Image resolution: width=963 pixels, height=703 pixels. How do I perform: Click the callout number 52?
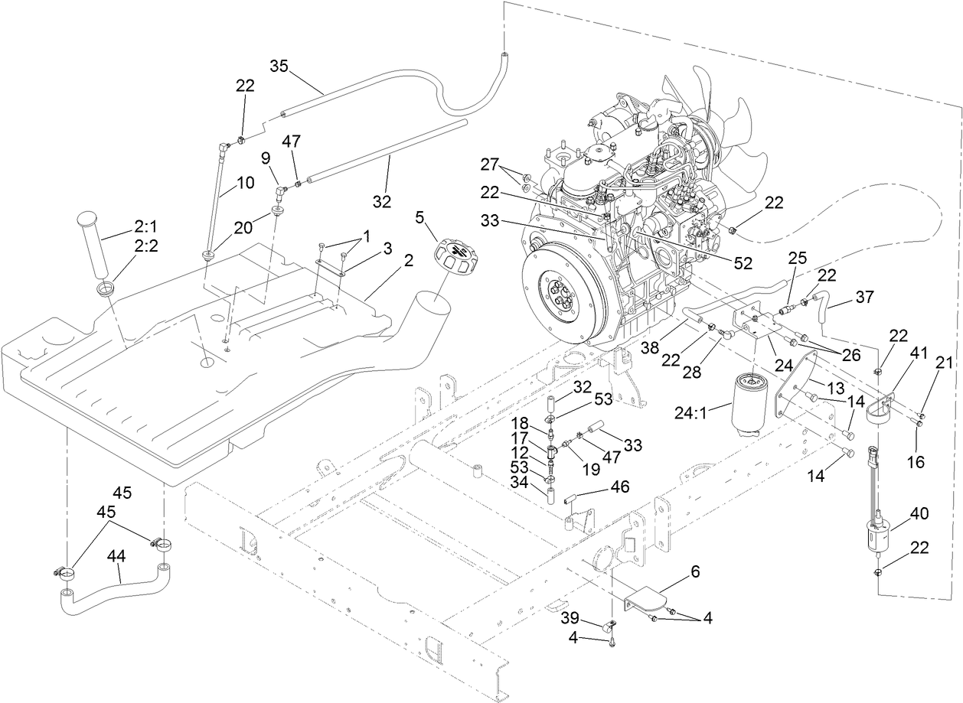742,262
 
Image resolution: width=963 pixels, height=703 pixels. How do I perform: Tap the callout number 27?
489,164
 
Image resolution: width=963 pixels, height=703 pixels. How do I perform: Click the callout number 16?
916,462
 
